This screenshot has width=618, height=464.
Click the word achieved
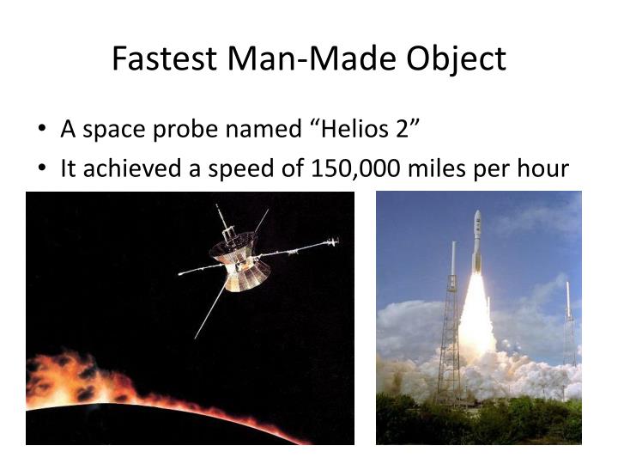click(x=129, y=169)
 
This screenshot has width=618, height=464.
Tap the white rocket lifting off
click(x=476, y=245)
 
